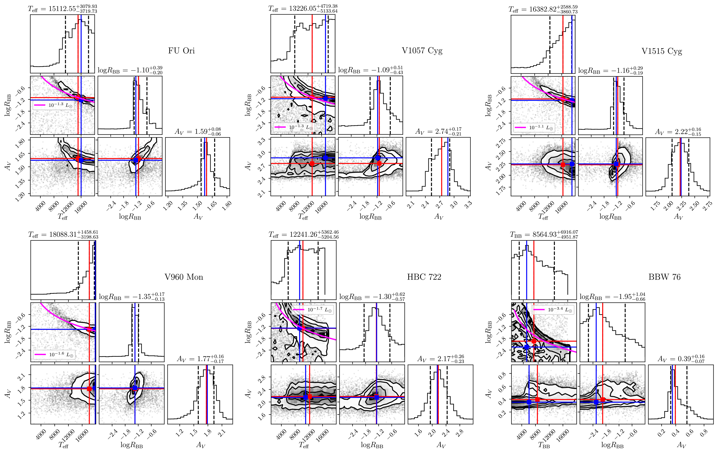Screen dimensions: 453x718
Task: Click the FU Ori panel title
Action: click(x=181, y=51)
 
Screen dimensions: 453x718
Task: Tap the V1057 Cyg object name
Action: click(x=422, y=51)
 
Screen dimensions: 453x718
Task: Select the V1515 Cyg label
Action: click(x=662, y=51)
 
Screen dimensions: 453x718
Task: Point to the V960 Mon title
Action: click(x=184, y=277)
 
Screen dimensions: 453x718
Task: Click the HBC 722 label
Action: click(x=424, y=277)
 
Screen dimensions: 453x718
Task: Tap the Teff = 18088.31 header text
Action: click(x=63, y=234)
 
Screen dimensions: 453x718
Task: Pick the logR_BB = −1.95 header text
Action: click(x=612, y=297)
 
